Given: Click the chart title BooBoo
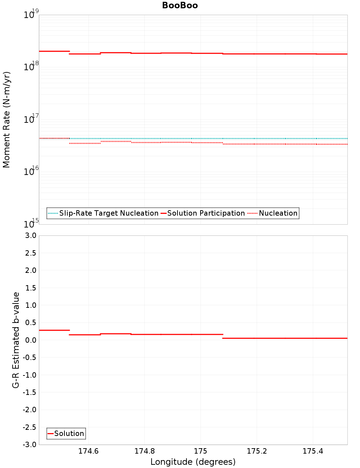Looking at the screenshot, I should (180, 5).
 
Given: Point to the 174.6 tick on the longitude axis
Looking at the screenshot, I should (88, 451).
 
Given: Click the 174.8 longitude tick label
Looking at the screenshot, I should (144, 451).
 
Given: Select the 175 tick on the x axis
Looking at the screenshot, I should (201, 451).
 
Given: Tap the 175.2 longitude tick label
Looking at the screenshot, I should (257, 451).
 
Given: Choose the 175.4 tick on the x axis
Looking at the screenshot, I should (313, 451).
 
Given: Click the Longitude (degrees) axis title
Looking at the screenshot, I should (193, 462).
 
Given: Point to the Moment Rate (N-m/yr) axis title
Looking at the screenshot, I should (6, 120).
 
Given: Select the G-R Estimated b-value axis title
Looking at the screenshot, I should (16, 340).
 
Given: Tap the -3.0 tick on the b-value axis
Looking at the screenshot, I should (29, 445).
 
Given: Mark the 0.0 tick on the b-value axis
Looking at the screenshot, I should (30, 340).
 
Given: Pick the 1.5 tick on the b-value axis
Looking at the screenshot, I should (30, 288).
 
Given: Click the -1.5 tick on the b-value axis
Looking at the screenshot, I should (29, 392).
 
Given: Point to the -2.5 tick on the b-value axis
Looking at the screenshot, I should (29, 427).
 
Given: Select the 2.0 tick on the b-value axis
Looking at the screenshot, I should (30, 270).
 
